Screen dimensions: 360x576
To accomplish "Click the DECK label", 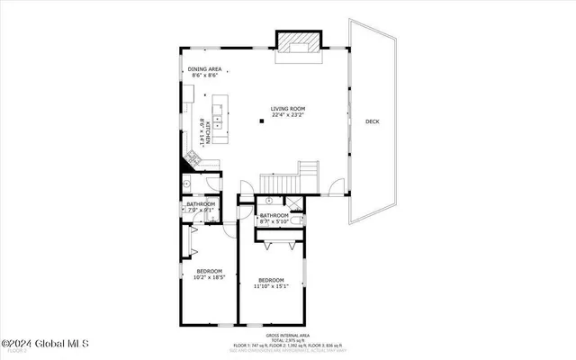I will [372, 121].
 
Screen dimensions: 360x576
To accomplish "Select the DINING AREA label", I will [204, 70].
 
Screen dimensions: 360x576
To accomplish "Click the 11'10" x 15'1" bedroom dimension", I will [271, 287].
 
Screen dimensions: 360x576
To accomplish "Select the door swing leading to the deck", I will [336, 186].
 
